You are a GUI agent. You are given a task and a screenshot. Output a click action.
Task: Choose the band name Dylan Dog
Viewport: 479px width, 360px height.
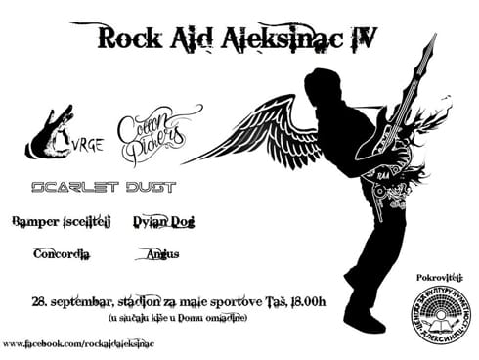tap(163, 221)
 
